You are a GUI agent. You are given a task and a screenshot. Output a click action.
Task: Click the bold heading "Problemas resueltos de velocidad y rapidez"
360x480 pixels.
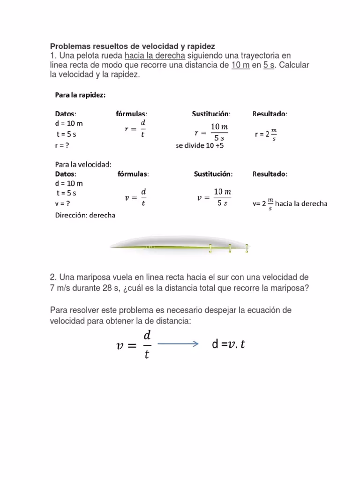132,46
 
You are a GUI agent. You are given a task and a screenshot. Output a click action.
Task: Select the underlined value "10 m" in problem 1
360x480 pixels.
240,65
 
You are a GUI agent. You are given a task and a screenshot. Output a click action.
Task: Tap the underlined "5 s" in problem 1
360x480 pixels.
269,65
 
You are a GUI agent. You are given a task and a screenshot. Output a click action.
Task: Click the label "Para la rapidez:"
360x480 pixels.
80,95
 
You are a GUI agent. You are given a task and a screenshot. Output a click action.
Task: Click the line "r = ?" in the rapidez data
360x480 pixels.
62,146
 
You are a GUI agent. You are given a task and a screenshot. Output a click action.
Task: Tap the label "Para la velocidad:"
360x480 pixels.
83,165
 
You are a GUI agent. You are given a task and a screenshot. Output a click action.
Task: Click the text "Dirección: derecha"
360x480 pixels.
85,216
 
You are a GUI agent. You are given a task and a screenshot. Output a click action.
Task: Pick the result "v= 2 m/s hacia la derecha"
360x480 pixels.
290,204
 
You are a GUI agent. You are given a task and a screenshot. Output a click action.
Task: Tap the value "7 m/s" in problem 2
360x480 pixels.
60,288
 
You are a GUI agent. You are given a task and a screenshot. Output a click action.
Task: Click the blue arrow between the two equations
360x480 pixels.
178,344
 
